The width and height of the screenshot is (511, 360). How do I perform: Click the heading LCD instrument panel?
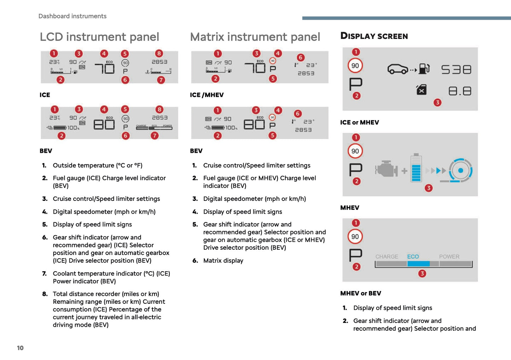[99, 37]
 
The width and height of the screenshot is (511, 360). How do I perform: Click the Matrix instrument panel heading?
[255, 37]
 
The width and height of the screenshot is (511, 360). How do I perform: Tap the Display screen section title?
[374, 36]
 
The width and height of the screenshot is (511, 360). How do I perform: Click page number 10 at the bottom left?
[20, 348]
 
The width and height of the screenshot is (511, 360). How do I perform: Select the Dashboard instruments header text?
[72, 16]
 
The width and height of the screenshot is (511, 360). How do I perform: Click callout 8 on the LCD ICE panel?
[159, 53]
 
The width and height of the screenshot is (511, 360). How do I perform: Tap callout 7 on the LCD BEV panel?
[155, 135]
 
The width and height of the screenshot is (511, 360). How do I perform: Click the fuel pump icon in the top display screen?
[424, 69]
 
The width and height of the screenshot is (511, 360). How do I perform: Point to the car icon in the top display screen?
[398, 69]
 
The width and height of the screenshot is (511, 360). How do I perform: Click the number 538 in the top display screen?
[456, 69]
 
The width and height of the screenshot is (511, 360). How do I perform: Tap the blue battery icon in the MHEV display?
[416, 168]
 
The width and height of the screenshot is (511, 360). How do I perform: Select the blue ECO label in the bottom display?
[413, 257]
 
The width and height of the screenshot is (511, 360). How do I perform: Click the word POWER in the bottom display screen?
[449, 257]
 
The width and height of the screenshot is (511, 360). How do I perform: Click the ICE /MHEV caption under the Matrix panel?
[207, 95]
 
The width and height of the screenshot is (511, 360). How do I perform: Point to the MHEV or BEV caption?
[360, 293]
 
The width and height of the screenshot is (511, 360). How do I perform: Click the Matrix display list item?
[223, 261]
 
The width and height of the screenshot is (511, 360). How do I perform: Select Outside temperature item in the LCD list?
[98, 166]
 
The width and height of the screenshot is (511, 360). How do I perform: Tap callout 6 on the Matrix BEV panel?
[298, 114]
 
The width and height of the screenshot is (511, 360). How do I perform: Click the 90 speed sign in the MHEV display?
[355, 151]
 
